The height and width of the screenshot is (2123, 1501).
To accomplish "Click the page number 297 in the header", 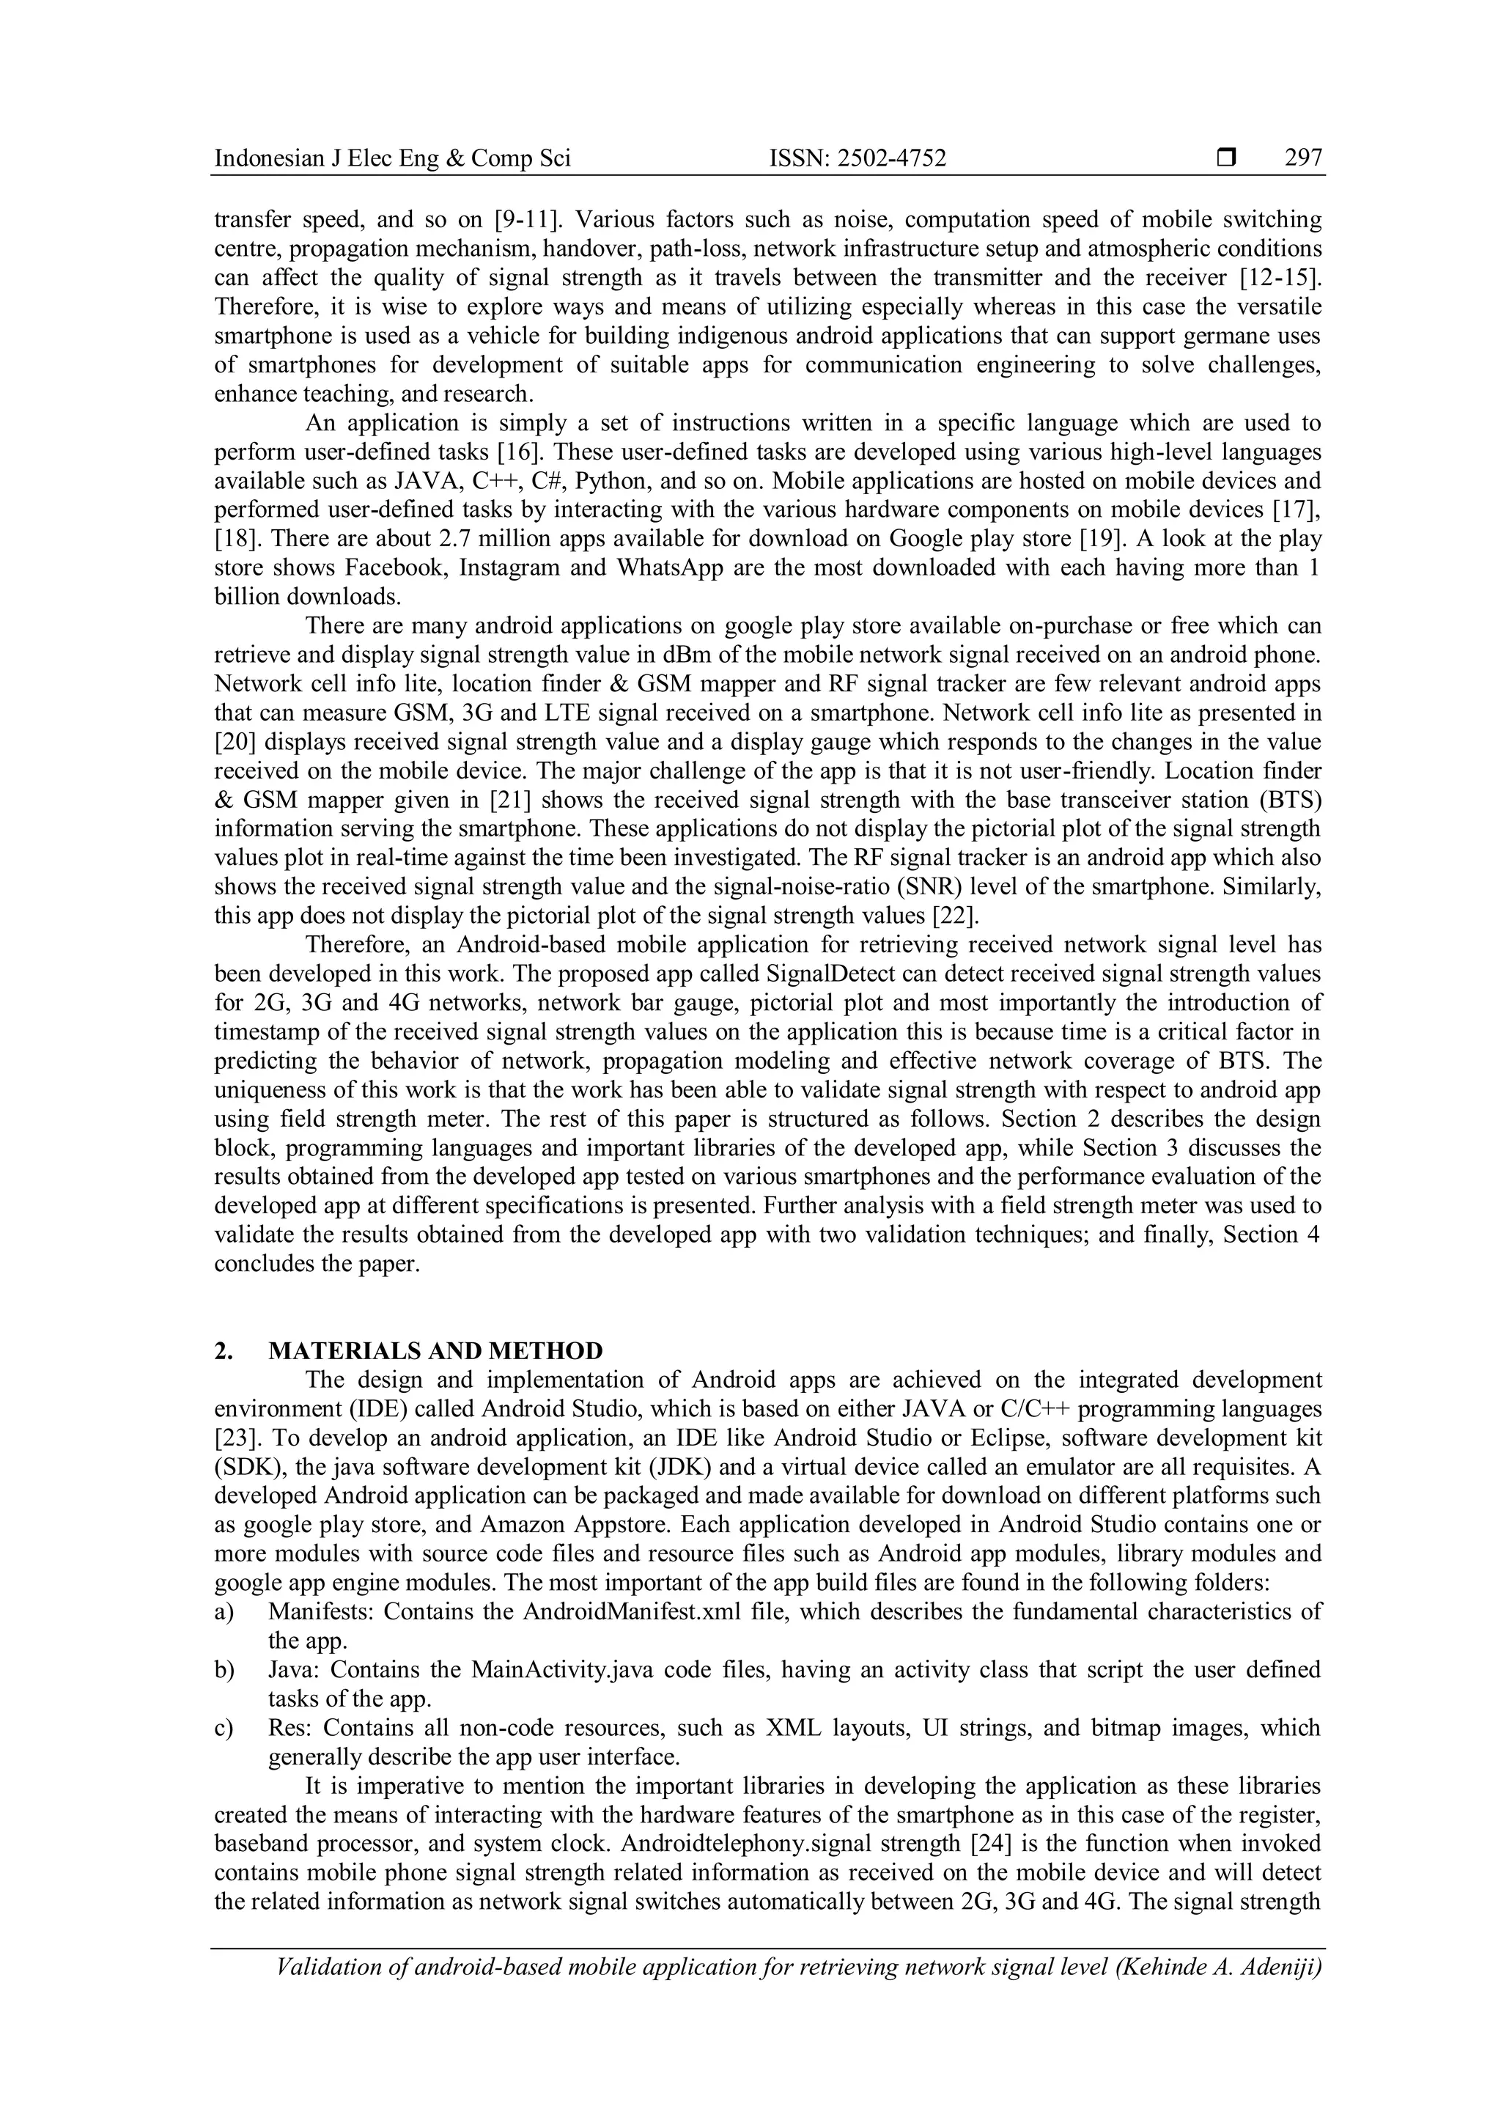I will tap(1303, 159).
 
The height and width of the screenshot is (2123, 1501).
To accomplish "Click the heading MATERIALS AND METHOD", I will tap(435, 1351).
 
